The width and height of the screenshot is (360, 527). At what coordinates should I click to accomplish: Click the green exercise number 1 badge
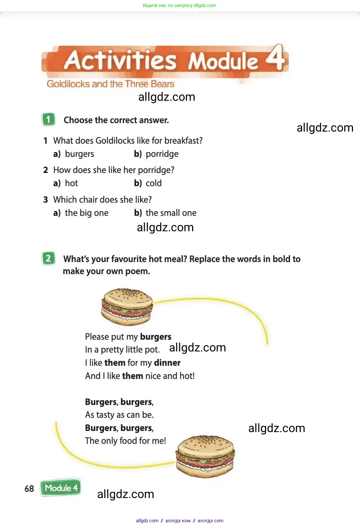pyautogui.click(x=48, y=119)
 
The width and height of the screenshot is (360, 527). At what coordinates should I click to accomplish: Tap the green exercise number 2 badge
pyautogui.click(x=48, y=258)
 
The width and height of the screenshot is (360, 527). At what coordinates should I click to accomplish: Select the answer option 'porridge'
pyautogui.click(x=162, y=154)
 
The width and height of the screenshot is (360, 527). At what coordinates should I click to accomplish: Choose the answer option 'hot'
pyautogui.click(x=71, y=183)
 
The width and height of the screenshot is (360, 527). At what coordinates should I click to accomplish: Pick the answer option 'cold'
pyautogui.click(x=154, y=183)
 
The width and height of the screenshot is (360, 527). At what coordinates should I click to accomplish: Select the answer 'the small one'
pyautogui.click(x=171, y=213)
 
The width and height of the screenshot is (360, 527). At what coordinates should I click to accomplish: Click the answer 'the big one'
pyautogui.click(x=87, y=213)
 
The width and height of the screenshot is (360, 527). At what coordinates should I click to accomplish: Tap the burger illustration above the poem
pyautogui.click(x=127, y=306)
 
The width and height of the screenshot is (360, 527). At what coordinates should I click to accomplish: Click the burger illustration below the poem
pyautogui.click(x=205, y=456)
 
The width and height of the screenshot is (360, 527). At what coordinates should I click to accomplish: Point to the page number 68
pyautogui.click(x=29, y=489)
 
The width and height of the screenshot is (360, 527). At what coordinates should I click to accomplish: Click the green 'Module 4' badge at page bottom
pyautogui.click(x=61, y=488)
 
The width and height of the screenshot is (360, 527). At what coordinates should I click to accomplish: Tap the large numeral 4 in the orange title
pyautogui.click(x=275, y=58)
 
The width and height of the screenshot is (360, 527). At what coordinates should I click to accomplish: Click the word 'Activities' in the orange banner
pyautogui.click(x=120, y=60)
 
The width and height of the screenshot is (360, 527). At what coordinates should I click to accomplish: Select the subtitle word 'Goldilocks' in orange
pyautogui.click(x=68, y=84)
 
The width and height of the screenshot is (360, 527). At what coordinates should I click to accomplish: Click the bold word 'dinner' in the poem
pyautogui.click(x=167, y=363)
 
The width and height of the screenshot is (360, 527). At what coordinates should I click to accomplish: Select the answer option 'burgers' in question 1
pyautogui.click(x=80, y=154)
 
